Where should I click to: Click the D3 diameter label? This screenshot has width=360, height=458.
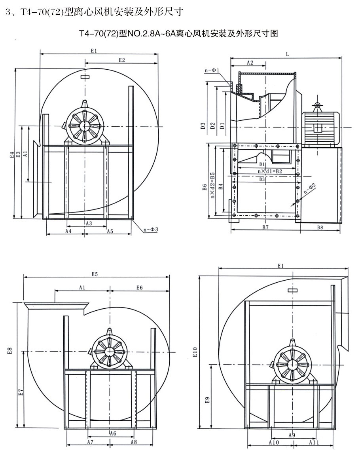coord(203,126)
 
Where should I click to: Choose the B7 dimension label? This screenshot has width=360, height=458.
coord(265,228)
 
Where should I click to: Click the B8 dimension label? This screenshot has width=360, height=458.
coord(320,228)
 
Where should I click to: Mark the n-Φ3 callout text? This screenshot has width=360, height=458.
coord(150,229)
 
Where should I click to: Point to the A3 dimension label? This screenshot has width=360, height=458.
coord(89,224)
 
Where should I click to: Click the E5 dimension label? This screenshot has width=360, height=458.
coord(95,274)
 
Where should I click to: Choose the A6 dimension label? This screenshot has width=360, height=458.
coord(113,433)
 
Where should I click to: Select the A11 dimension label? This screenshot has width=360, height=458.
coord(314,443)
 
